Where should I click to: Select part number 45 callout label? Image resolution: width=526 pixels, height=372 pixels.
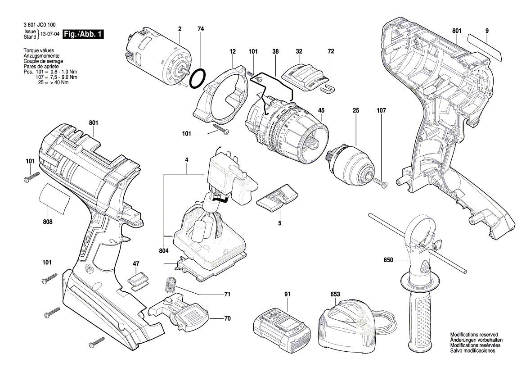[321, 110]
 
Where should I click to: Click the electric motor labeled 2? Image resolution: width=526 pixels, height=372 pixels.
[157, 54]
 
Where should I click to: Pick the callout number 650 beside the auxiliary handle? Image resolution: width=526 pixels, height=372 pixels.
[388, 260]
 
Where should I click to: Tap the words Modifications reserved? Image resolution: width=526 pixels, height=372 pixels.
[474, 335]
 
